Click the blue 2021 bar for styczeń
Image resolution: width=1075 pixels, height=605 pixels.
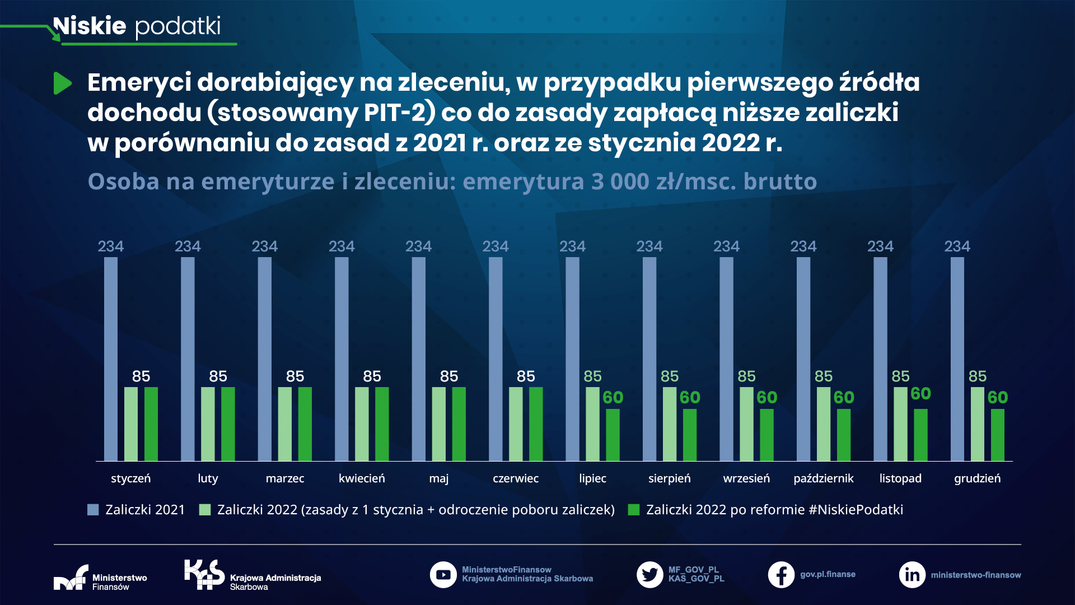tap(111, 359)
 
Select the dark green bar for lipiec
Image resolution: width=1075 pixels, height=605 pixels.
tap(613, 435)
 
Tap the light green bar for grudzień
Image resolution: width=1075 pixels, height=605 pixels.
tap(977, 424)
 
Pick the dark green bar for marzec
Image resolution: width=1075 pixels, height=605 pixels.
tap(305, 424)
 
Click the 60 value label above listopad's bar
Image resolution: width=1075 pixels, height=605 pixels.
tap(920, 394)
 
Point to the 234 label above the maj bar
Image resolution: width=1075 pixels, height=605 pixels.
tap(418, 246)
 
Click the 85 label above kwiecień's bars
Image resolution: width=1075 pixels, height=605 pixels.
tap(372, 376)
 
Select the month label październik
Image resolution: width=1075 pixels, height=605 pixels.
tap(823, 478)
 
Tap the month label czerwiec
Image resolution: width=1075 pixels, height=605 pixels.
tap(515, 478)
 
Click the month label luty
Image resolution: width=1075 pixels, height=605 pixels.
tap(208, 478)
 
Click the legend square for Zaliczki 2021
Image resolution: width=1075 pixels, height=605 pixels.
tap(93, 510)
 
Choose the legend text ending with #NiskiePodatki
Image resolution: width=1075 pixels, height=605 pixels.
tap(774, 510)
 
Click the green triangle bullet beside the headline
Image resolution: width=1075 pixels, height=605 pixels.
tap(62, 83)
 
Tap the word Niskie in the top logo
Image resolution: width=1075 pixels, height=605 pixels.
tap(90, 26)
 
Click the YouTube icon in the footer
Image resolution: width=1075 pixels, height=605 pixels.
tap(443, 575)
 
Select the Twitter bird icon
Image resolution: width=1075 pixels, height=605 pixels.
tap(649, 575)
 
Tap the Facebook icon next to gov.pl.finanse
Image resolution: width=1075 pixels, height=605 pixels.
tap(781, 575)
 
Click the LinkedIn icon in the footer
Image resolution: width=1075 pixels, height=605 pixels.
tap(912, 575)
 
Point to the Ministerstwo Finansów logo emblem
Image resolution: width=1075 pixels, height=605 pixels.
tap(71, 578)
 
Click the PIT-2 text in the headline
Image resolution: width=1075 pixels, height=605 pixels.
tap(395, 113)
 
